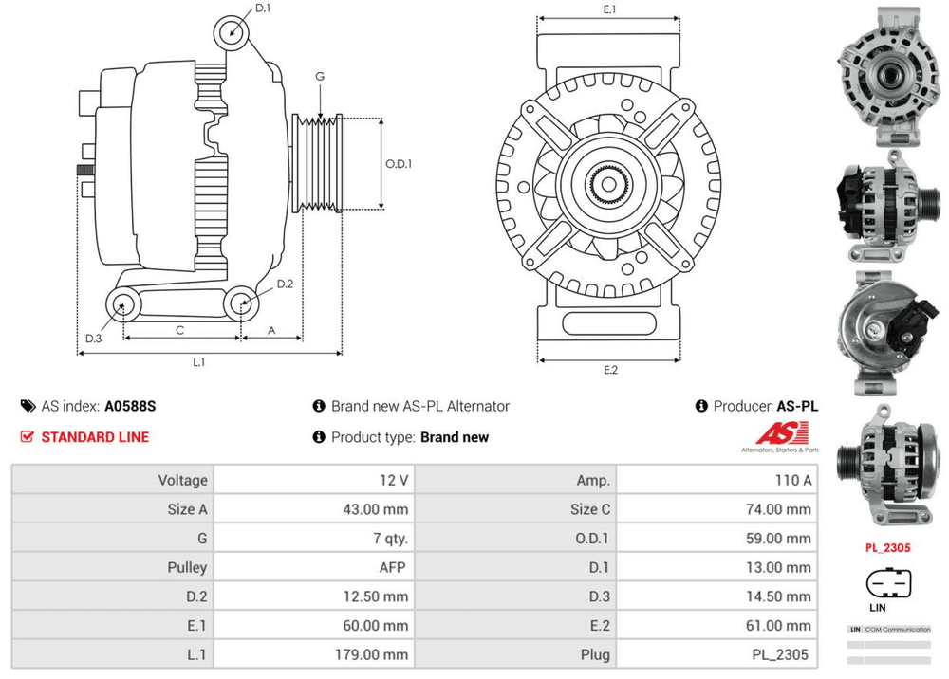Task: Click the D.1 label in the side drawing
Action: (263, 9)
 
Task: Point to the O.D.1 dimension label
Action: (399, 164)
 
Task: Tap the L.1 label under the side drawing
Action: (199, 362)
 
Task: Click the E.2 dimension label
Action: (610, 370)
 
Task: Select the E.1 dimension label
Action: (610, 9)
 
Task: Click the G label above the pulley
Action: (321, 76)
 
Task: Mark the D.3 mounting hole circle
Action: (121, 304)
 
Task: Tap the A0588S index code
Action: (130, 406)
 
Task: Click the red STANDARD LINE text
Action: (95, 437)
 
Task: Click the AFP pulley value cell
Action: (391, 567)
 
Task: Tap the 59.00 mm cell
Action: (778, 539)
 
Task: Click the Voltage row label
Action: (182, 481)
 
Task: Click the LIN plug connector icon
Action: (888, 582)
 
